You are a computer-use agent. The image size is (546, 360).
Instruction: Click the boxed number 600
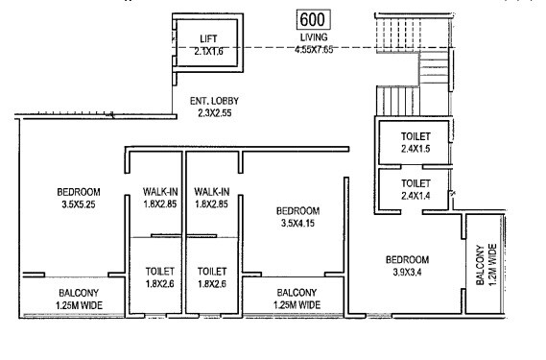point(313,19)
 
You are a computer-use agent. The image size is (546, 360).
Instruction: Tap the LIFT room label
point(209,38)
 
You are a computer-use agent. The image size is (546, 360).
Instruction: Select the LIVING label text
point(313,37)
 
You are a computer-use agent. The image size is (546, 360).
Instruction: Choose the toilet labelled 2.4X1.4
point(415,187)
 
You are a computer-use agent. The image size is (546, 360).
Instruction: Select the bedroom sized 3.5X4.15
point(297,216)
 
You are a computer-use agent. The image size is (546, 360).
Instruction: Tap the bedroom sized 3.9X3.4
point(407,265)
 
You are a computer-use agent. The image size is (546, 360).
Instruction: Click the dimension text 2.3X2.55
point(205,112)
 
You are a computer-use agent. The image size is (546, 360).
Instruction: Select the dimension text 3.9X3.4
point(407,272)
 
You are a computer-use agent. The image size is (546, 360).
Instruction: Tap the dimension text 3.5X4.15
point(297,223)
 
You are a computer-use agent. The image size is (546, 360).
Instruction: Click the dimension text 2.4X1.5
point(415,149)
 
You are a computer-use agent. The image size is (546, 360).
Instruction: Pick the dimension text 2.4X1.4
point(415,194)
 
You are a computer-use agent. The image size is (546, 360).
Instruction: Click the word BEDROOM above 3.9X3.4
point(407,259)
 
